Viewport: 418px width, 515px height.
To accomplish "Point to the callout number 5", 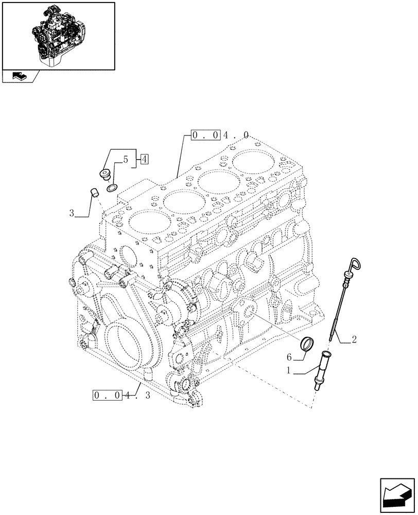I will click(x=125, y=160).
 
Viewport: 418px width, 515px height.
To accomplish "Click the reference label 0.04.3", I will click(x=121, y=396).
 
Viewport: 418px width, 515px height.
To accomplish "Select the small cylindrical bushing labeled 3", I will click(x=94, y=194).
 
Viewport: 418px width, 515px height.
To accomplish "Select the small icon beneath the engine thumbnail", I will click(x=20, y=77).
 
